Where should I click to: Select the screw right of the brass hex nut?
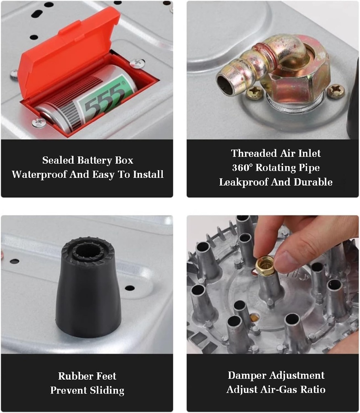click(x=335, y=91)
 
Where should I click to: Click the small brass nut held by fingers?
click(x=266, y=267)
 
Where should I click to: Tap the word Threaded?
click(x=253, y=153)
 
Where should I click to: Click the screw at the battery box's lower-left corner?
click(x=39, y=122)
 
